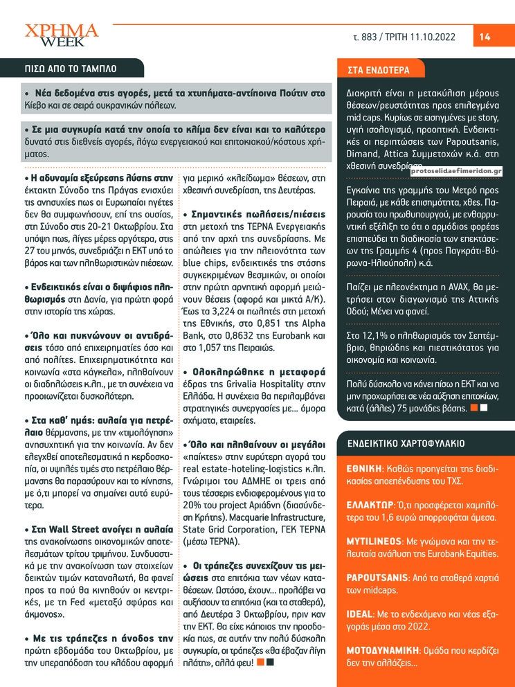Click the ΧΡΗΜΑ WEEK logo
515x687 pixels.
62,35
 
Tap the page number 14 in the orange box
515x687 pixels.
485,37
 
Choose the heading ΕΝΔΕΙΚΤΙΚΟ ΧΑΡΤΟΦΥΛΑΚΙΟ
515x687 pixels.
405,443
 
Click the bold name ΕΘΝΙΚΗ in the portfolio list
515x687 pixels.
364,469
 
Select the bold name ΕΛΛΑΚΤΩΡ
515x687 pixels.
370,506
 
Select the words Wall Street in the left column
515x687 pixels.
69,529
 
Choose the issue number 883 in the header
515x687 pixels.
370,37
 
